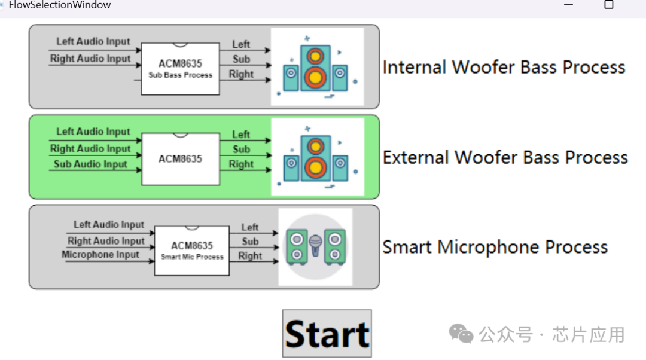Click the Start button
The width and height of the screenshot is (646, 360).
click(x=327, y=333)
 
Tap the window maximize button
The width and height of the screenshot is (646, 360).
click(x=609, y=5)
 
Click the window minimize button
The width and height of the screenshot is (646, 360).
click(x=568, y=5)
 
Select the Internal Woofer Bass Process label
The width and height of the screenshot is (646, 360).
click(x=504, y=67)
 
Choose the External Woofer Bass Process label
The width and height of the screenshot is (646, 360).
click(x=505, y=157)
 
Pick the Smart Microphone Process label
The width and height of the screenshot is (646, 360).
click(x=495, y=247)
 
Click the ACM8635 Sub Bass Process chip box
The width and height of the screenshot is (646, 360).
click(x=180, y=68)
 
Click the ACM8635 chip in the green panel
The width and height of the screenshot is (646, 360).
click(x=180, y=159)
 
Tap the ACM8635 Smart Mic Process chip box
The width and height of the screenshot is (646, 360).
click(x=191, y=250)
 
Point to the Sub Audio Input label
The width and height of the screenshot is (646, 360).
click(x=90, y=164)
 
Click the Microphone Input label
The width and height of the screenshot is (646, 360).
click(x=100, y=255)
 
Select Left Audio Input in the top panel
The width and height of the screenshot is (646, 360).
click(x=93, y=42)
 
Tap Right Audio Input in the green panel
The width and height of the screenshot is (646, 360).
click(x=90, y=148)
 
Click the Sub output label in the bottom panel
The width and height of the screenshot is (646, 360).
click(x=250, y=242)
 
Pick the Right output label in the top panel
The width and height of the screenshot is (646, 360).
click(x=241, y=74)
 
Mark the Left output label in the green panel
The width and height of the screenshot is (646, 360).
click(x=241, y=135)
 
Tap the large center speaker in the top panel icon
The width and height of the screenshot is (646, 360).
click(x=315, y=68)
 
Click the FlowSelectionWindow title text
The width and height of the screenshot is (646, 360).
click(x=59, y=5)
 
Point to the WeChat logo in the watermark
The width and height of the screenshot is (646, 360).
click(x=461, y=334)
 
